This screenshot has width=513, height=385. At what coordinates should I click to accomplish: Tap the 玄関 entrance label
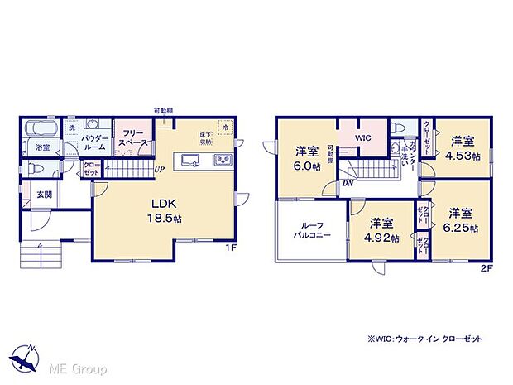click(43, 195)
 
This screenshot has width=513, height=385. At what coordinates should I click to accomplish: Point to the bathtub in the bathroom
click(40, 129)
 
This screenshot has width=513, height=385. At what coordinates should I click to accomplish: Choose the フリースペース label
click(133, 138)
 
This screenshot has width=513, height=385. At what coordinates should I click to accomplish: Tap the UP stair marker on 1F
click(157, 171)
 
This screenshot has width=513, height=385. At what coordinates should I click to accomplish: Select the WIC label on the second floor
click(364, 138)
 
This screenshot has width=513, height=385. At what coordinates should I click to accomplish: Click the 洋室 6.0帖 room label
click(308, 158)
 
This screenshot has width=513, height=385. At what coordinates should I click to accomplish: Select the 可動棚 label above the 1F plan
click(163, 110)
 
